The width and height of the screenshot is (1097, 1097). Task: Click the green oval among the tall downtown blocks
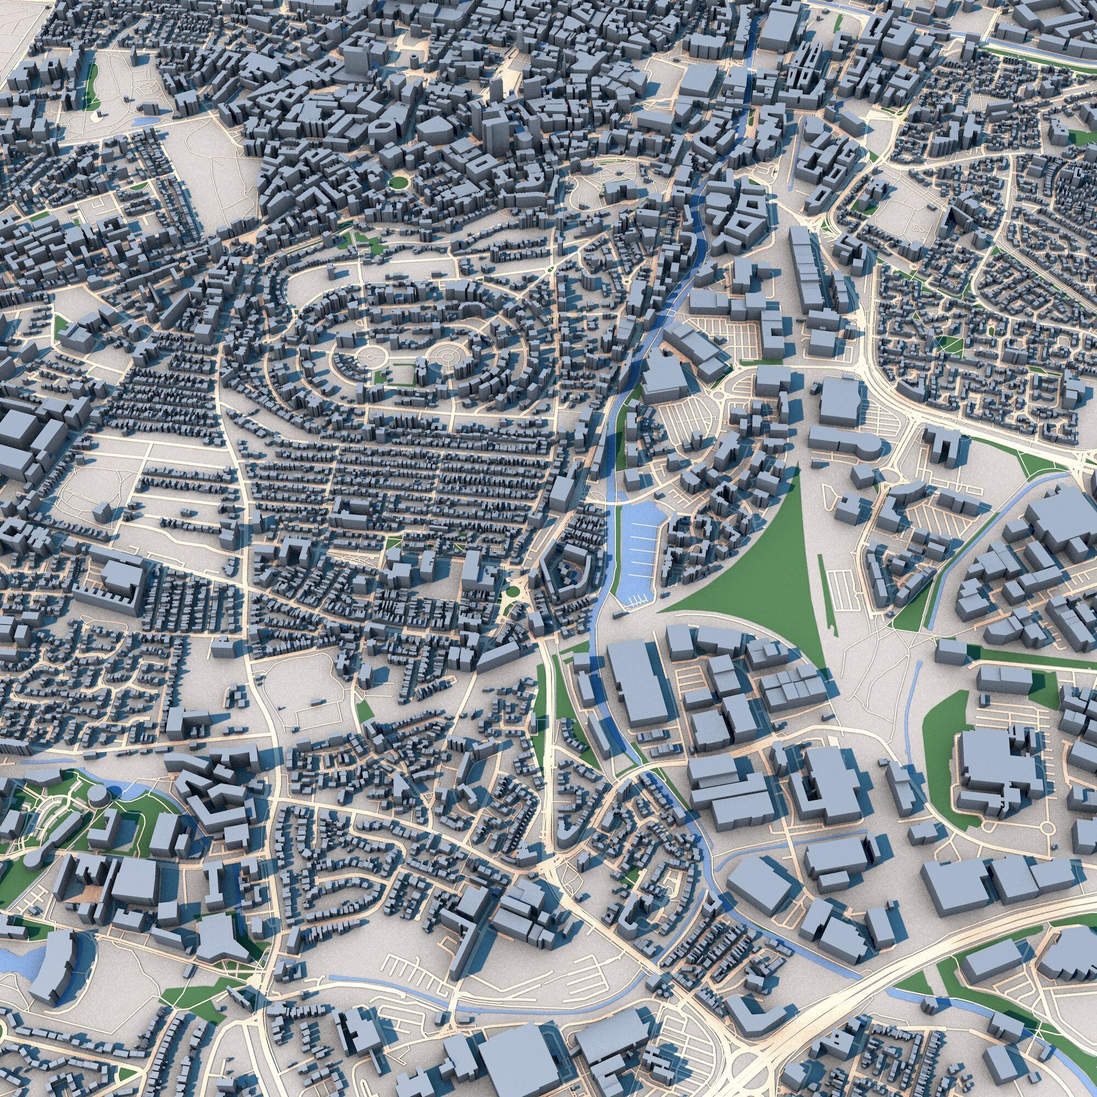tap(399, 182)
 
